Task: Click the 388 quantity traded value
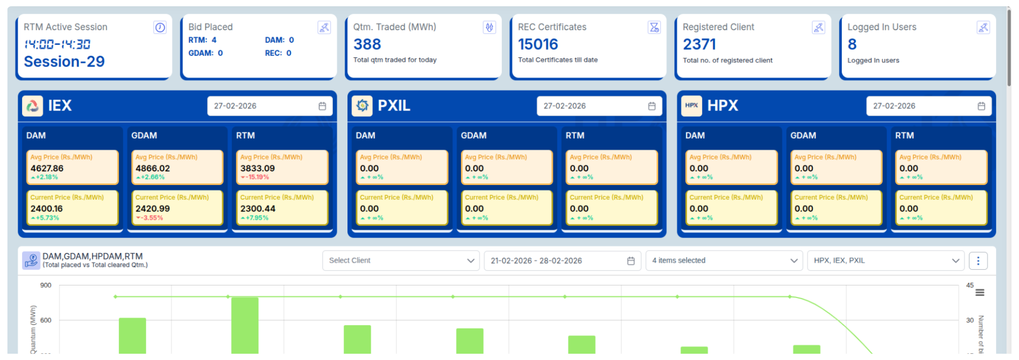367,44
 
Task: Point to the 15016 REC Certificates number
538,44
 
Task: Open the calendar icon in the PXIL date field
651,106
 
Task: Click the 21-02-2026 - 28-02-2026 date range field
562,261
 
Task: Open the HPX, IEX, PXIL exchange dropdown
885,261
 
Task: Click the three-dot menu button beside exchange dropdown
978,261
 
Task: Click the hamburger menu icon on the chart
980,293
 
